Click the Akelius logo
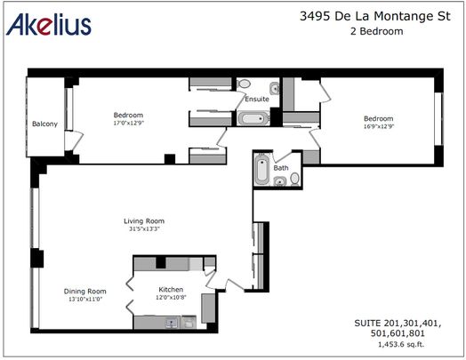click(49, 26)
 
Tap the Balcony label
click(44, 124)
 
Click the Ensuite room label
click(257, 99)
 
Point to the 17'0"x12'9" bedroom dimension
click(128, 124)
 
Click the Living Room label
click(143, 221)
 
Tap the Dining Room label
click(85, 291)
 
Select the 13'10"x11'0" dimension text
click(85, 299)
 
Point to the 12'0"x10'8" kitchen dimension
click(171, 299)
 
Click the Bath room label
click(281, 167)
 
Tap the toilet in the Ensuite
click(245, 84)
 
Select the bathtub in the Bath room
click(261, 170)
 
